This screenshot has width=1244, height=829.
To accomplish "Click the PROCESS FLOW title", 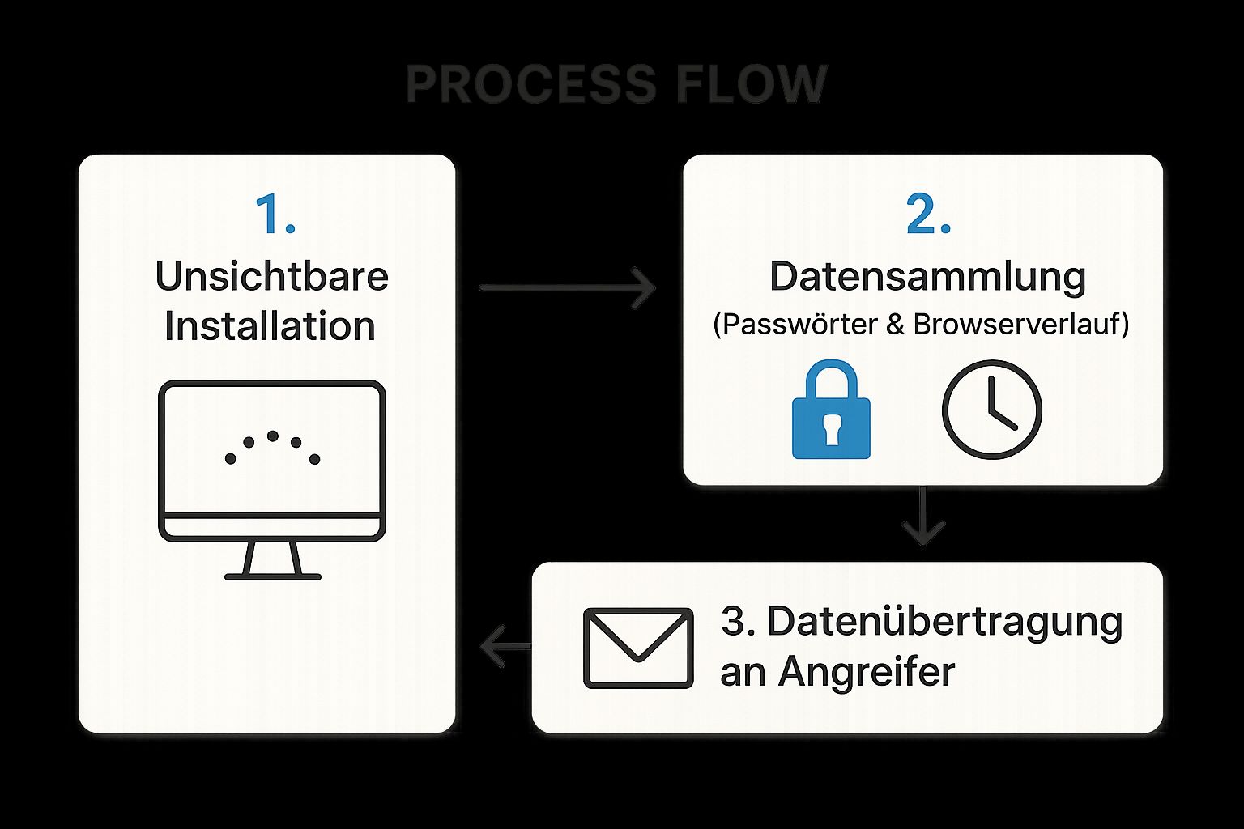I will pyautogui.click(x=616, y=84).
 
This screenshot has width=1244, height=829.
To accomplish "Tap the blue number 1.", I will pyautogui.click(x=274, y=215).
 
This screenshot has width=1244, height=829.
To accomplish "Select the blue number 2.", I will pyautogui.click(x=927, y=215).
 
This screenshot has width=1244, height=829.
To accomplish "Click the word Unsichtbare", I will pyautogui.click(x=271, y=277).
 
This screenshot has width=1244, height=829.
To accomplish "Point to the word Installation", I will pyautogui.click(x=270, y=326).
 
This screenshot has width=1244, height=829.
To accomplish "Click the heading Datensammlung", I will pyautogui.click(x=927, y=277).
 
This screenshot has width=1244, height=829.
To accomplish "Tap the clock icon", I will pyautogui.click(x=991, y=409).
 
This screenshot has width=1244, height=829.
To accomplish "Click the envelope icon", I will pyautogui.click(x=638, y=648).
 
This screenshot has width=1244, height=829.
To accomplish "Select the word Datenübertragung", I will pyautogui.click(x=944, y=622).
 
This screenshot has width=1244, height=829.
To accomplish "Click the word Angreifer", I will pyautogui.click(x=867, y=671).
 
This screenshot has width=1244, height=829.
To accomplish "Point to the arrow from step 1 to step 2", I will pyautogui.click(x=567, y=287).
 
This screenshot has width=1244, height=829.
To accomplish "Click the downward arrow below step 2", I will pyautogui.click(x=924, y=518).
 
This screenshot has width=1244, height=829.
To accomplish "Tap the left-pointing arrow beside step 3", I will pyautogui.click(x=504, y=647).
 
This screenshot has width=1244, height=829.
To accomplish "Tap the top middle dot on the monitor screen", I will pyautogui.click(x=273, y=436).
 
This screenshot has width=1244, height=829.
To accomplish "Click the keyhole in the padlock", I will pyautogui.click(x=831, y=429).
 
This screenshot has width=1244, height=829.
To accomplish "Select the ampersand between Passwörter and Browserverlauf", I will pyautogui.click(x=895, y=325).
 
